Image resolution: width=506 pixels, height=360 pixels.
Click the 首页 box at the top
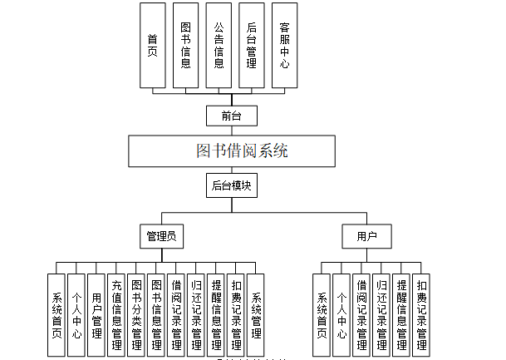pos(152,45)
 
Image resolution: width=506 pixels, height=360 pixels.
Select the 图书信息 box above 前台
pos(185,45)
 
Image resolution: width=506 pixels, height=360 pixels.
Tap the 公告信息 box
pos(219,45)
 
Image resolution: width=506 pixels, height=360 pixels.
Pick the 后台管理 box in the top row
pos(251,45)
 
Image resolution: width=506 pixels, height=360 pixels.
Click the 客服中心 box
pos(284,45)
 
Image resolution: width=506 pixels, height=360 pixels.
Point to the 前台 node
pos(232,115)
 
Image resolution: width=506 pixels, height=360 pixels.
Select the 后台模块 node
pos(232,185)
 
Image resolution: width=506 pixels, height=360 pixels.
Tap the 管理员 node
pos(160,237)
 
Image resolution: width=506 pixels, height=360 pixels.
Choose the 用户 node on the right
pos(367,237)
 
